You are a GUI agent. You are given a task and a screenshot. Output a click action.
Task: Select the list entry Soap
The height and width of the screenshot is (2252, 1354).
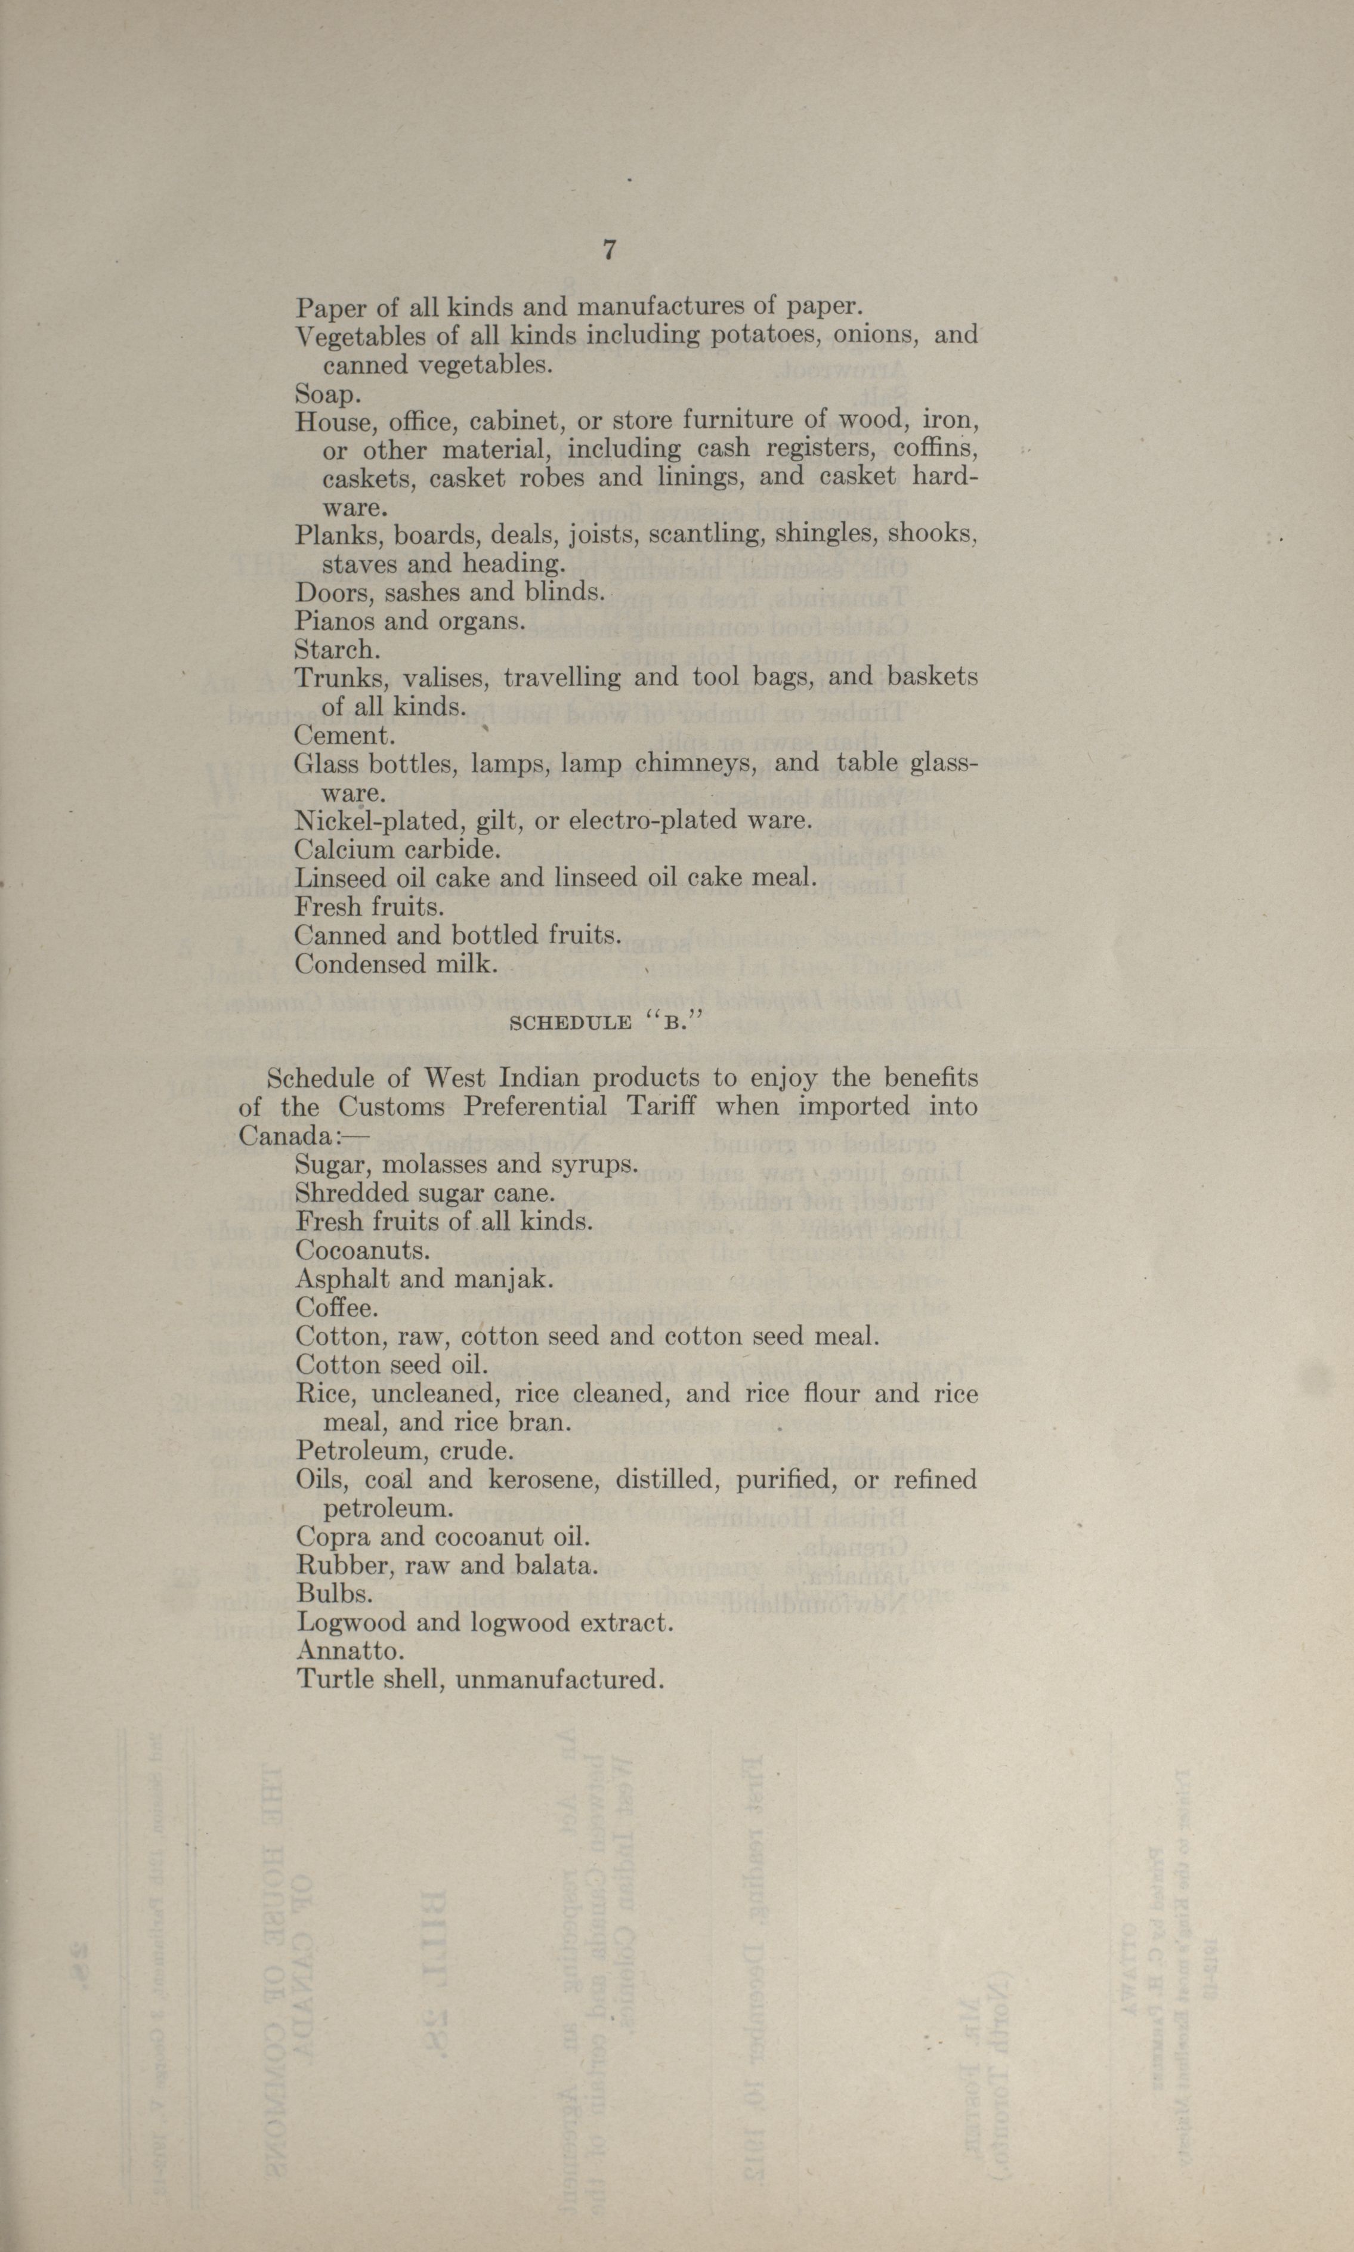tap(327, 394)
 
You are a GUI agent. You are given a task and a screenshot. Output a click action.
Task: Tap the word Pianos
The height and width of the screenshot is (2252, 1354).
tap(331, 622)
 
